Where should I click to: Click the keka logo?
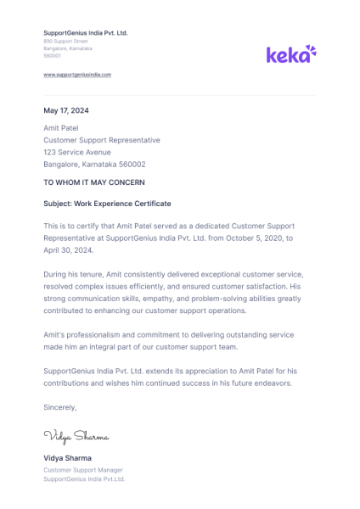point(291,54)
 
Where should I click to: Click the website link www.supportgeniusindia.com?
point(77,75)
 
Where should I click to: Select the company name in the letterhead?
point(85,32)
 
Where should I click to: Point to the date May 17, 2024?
point(66,110)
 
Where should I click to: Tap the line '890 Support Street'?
point(65,41)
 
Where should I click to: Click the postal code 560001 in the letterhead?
point(53,55)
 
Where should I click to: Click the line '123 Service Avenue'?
point(77,152)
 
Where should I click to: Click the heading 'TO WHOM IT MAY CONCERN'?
point(94,182)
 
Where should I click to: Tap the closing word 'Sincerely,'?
point(60,407)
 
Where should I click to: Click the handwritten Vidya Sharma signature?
point(76,437)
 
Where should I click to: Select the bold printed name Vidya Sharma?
point(67,458)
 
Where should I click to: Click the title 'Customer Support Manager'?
point(83,469)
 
